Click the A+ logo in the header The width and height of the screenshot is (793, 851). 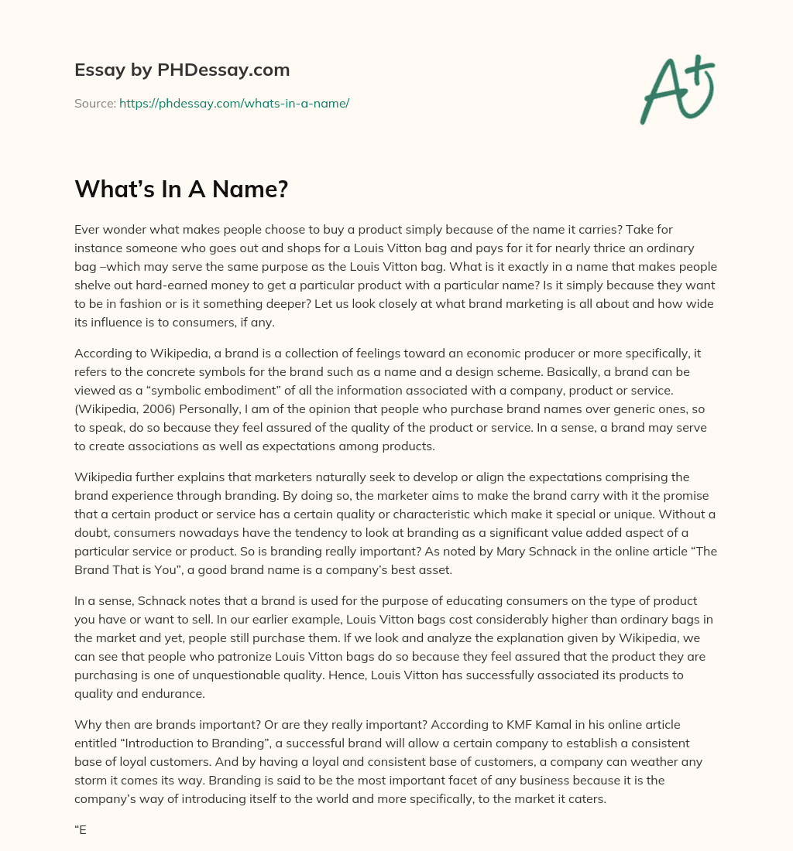[676, 89]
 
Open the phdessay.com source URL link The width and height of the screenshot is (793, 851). [234, 103]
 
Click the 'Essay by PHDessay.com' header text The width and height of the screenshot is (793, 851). [182, 70]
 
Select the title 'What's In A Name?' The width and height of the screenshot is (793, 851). [181, 188]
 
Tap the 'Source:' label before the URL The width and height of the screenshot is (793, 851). [94, 103]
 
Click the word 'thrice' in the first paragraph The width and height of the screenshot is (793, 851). [554, 248]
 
